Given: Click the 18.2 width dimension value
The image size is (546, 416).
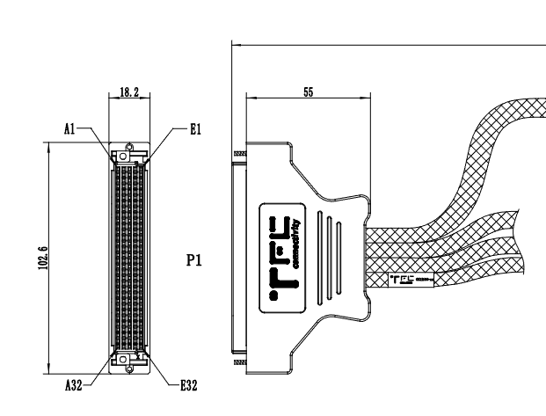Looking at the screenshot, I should pyautogui.click(x=128, y=91).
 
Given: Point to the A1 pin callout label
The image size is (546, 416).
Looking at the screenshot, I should pyautogui.click(x=69, y=128).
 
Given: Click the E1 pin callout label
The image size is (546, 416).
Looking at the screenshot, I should pyautogui.click(x=195, y=128).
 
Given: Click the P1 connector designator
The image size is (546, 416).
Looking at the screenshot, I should pyautogui.click(x=197, y=261).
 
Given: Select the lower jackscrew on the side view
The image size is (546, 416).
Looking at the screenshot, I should pyautogui.click(x=238, y=361).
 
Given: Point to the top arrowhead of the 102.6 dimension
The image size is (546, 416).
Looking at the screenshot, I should pyautogui.click(x=48, y=147).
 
